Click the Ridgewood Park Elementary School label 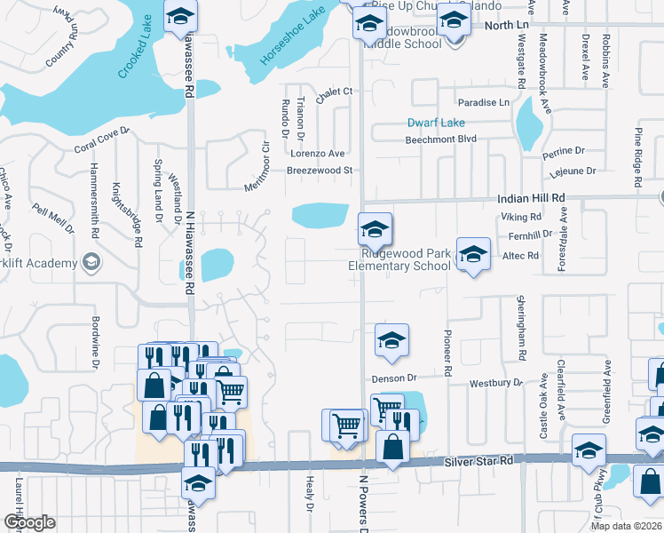point(399,259)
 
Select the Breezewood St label point(320,170)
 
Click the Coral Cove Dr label point(102,140)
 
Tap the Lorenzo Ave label point(317,154)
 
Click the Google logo point(28,522)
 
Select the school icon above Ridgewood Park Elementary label point(375,230)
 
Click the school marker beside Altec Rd point(473,255)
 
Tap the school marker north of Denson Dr point(391,340)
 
